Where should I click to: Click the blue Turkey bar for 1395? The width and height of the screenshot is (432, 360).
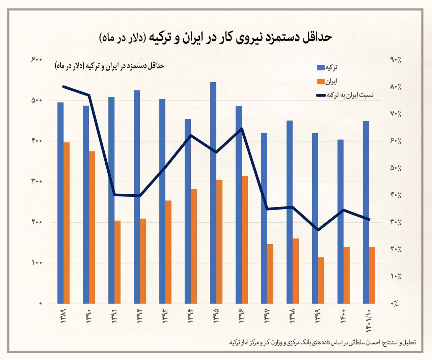(x=213, y=192)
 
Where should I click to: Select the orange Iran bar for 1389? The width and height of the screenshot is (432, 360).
(x=66, y=223)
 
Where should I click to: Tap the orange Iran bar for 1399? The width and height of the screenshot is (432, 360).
(x=321, y=280)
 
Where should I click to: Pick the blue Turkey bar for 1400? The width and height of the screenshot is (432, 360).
(x=341, y=221)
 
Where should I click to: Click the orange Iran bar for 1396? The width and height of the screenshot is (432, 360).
(x=245, y=240)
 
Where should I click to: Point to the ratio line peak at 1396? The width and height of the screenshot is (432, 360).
(x=242, y=129)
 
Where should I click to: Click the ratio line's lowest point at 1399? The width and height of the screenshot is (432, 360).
(x=318, y=230)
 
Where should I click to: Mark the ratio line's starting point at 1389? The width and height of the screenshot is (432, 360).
(x=64, y=86)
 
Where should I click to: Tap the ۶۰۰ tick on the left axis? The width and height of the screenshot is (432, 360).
(x=36, y=59)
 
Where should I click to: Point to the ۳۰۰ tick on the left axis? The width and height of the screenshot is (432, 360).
(x=36, y=182)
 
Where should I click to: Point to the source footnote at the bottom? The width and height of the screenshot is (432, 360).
(x=322, y=342)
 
